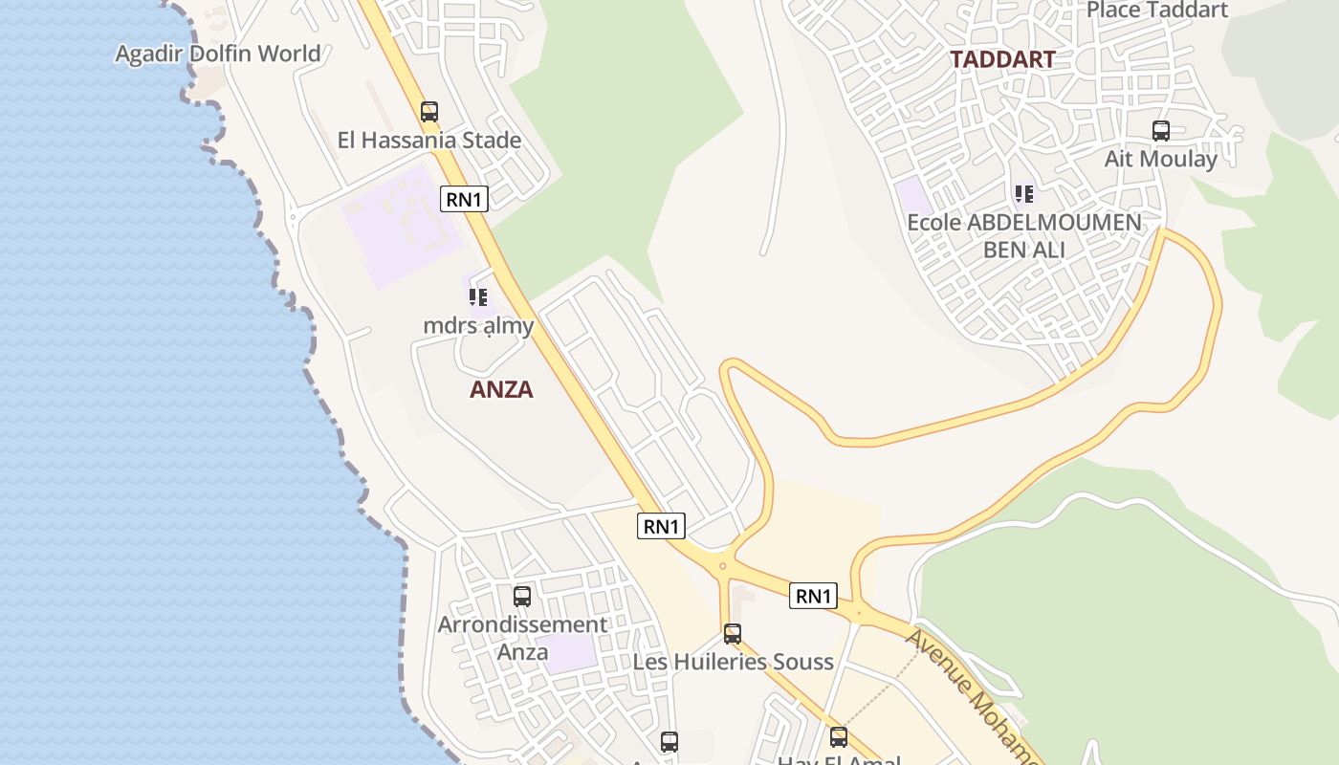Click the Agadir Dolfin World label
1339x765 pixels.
[x=218, y=54]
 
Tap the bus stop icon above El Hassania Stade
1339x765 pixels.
[x=429, y=111]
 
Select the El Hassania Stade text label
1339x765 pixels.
[x=429, y=141]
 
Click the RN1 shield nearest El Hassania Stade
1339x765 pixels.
[x=465, y=199]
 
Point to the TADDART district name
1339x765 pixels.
[x=1002, y=59]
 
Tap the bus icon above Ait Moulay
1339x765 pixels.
[x=1161, y=131]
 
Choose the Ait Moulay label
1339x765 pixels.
[x=1161, y=159]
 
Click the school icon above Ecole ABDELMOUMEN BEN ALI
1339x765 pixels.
[x=1024, y=195]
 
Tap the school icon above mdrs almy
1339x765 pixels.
[x=478, y=297]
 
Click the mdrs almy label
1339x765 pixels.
[x=478, y=326]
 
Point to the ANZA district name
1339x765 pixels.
[x=501, y=390]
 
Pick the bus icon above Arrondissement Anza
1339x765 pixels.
[x=522, y=597]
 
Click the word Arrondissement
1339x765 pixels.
[x=522, y=625]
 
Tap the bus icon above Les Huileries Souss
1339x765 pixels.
[x=733, y=633]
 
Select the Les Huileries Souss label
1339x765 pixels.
[x=733, y=662]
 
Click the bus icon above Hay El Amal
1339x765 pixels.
[x=839, y=736]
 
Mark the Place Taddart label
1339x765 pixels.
[x=1157, y=11]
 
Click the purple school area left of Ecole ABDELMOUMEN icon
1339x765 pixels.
[x=912, y=197]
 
